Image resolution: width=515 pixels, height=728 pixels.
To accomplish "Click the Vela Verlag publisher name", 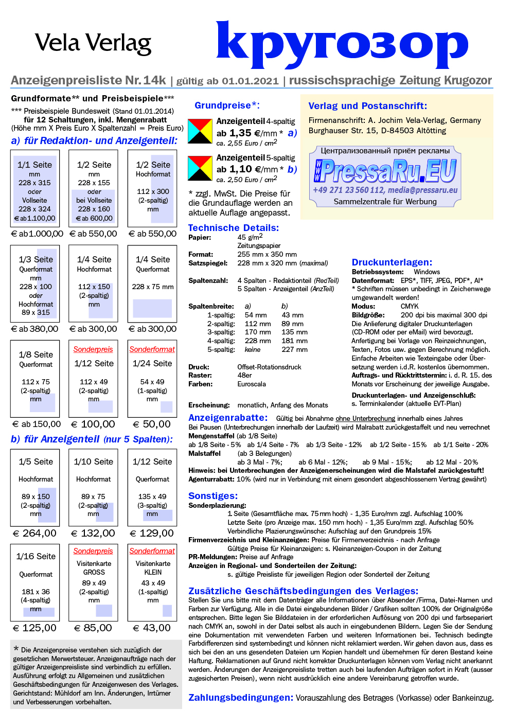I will (93, 43).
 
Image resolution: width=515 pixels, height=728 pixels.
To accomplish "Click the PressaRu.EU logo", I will (385, 171).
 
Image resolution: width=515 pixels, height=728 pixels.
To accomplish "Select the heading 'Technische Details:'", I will (233, 228).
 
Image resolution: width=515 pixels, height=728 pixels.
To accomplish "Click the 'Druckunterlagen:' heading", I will (392, 262).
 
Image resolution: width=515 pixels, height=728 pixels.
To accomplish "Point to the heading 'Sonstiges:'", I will (213, 496).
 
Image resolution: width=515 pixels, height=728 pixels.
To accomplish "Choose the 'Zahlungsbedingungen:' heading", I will (241, 698).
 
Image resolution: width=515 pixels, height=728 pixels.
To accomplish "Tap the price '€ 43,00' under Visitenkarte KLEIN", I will (152, 628).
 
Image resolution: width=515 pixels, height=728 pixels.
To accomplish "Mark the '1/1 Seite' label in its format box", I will (34, 165).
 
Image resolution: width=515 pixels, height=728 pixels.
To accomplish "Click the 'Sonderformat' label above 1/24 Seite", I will (152, 349).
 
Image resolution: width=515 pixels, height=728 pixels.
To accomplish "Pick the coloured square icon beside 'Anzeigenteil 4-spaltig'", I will (200, 131).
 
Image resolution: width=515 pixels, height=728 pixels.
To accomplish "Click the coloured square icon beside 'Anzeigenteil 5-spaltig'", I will (200, 168).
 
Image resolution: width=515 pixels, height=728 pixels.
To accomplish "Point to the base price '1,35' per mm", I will (240, 133).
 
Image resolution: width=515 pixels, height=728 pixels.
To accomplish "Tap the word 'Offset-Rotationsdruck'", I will (269, 367).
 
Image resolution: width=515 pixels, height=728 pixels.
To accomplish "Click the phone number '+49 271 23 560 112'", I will (348, 190).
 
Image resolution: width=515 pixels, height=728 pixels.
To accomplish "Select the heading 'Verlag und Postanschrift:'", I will (367, 106).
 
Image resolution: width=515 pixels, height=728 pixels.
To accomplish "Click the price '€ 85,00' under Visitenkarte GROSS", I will (93, 628).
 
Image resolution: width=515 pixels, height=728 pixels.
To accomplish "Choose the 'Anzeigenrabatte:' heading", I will (228, 418).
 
